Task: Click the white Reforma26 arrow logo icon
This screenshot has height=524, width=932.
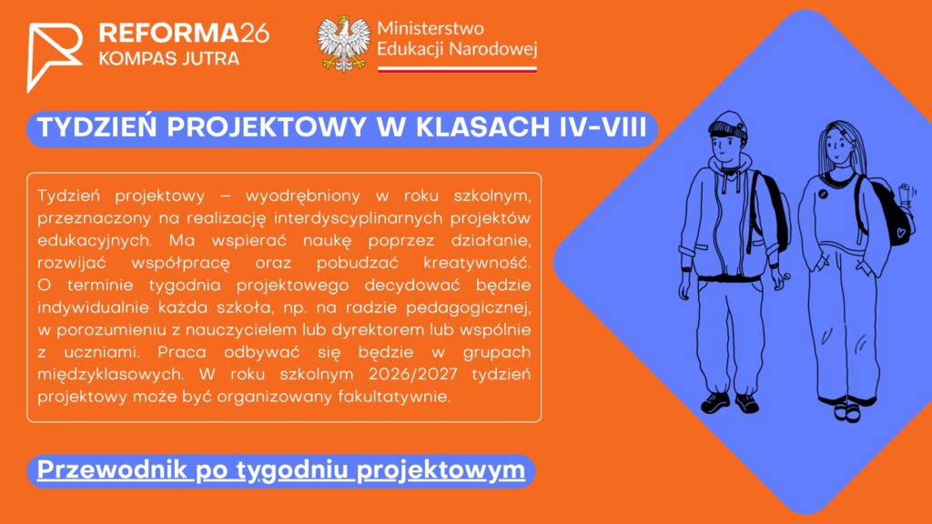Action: [x=54, y=56]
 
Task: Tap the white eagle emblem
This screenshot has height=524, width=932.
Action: [x=343, y=44]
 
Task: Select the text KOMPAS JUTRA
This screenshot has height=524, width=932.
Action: [x=168, y=59]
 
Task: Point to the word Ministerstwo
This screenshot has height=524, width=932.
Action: [x=431, y=28]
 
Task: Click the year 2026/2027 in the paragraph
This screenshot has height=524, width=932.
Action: [x=413, y=374]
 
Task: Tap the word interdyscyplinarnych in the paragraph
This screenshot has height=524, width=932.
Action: [x=359, y=218]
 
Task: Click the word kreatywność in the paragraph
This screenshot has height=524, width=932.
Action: [x=477, y=263]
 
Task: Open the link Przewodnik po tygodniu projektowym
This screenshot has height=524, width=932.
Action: [x=281, y=470]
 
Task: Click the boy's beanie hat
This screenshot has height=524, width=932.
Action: [x=727, y=125]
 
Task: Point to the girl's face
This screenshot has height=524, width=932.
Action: [x=837, y=146]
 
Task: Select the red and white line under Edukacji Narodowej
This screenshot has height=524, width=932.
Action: [x=458, y=69]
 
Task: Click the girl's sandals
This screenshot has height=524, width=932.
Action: [x=847, y=411]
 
